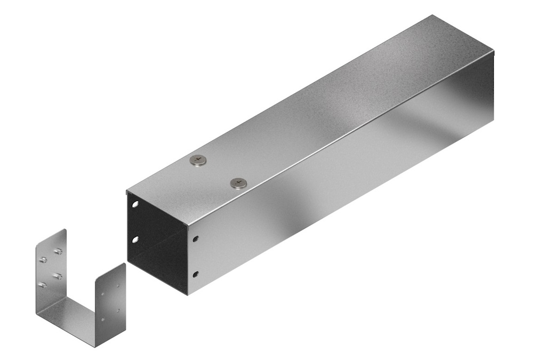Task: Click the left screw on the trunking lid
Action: [198, 160]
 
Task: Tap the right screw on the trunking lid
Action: [238, 183]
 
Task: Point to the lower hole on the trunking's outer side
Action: [196, 275]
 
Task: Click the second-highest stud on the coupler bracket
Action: [43, 260]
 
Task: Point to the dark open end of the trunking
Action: [155, 240]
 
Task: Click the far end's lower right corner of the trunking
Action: [493, 120]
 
